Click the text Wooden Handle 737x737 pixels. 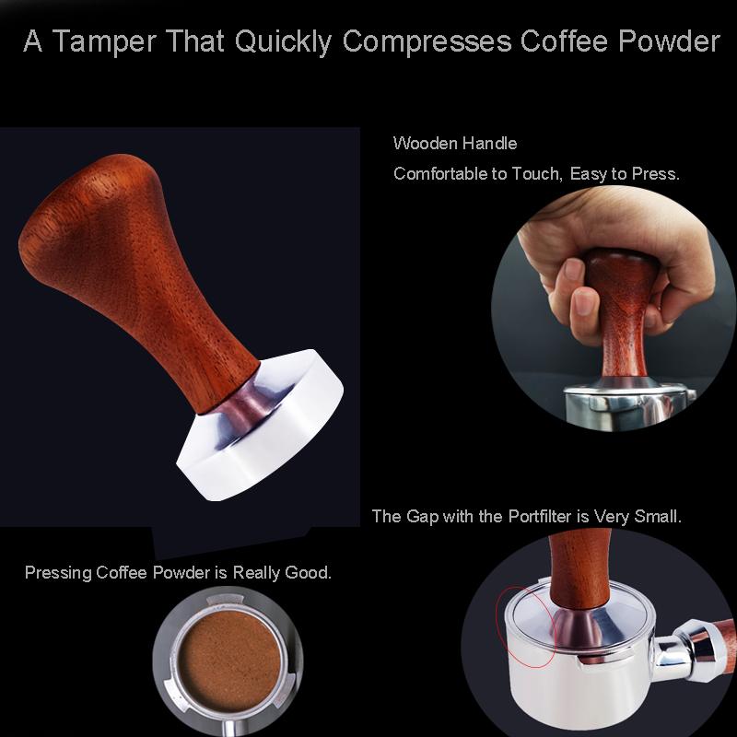click(x=455, y=144)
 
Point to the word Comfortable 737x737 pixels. click(x=438, y=174)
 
